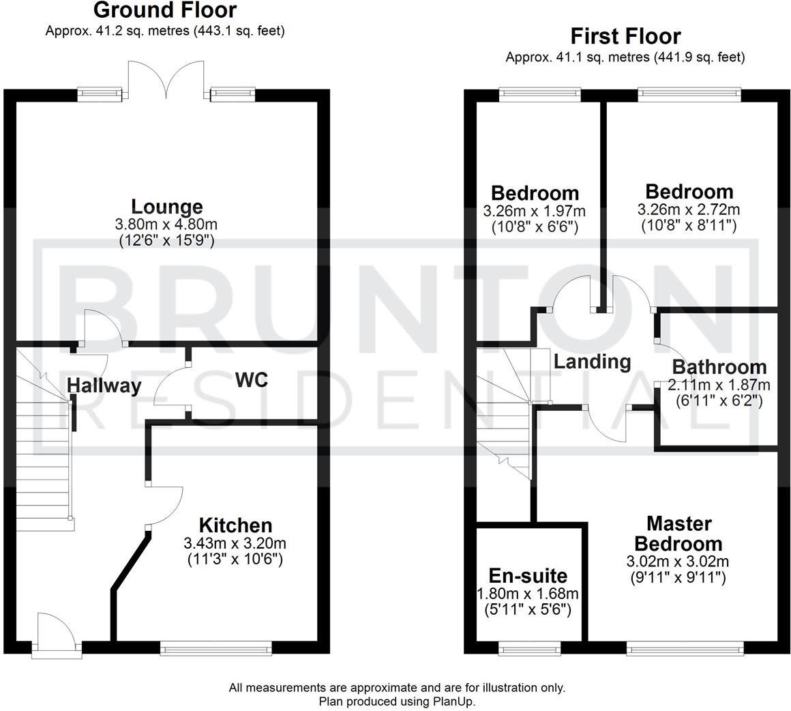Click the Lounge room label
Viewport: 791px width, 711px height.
167,207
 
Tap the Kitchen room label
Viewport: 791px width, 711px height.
235,525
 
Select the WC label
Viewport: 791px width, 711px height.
251,380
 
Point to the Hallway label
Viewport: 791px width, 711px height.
104,386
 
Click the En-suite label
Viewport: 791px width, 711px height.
528,576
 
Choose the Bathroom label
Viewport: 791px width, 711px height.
719,367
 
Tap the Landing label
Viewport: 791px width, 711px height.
593,362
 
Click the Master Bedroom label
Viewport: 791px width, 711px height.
678,534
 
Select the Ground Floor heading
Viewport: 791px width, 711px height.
165,10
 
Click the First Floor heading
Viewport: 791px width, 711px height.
625,36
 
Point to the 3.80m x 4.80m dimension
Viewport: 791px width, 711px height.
167,224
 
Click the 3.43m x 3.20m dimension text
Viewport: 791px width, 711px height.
235,543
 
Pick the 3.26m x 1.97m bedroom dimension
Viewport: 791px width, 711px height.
534,211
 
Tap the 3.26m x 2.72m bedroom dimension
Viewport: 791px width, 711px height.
689,209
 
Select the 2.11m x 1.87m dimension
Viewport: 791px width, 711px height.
719,385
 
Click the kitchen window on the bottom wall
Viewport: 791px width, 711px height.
216,648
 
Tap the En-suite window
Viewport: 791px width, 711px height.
530,648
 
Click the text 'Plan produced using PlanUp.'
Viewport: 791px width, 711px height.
397,701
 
